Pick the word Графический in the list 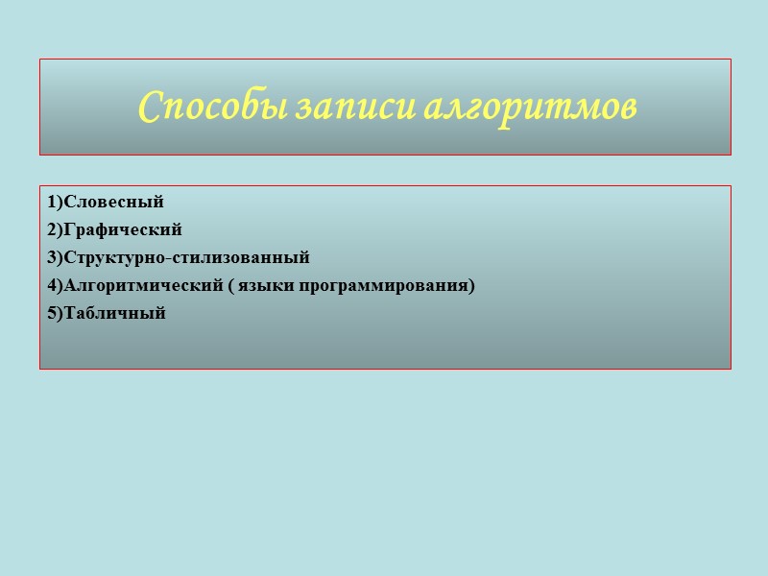122,230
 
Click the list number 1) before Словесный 53,203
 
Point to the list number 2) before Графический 53,230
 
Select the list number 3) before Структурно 53,258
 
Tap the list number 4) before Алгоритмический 53,286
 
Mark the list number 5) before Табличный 53,314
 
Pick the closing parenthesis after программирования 472,286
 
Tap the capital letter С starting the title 149,107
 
